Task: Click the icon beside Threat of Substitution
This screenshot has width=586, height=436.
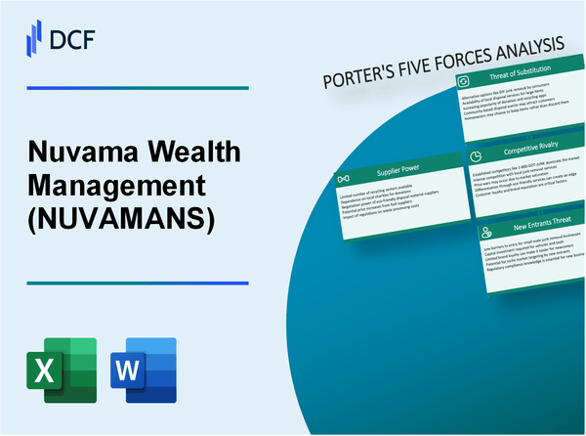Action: pos(466,81)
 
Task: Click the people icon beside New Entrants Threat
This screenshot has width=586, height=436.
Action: pos(484,232)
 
